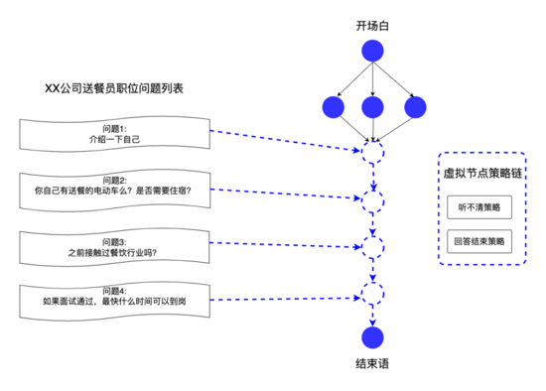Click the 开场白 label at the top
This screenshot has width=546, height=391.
tap(372, 24)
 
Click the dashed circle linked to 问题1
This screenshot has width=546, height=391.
tap(372, 153)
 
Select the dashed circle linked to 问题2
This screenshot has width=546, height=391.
tap(372, 201)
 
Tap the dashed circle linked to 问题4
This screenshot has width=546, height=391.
tap(372, 293)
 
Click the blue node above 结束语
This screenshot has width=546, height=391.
tap(372, 336)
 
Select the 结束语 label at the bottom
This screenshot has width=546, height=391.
tap(372, 363)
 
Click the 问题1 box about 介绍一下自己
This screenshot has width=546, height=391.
tap(115, 134)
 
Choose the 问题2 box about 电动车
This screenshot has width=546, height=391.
tap(115, 188)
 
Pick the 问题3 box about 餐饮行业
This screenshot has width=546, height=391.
tap(115, 246)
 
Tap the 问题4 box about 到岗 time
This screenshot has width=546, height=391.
tap(115, 299)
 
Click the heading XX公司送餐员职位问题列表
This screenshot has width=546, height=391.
tap(115, 89)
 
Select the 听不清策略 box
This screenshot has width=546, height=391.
tap(480, 207)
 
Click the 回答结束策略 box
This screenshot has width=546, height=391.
tap(480, 241)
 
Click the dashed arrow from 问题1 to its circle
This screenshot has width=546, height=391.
tap(288, 141)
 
